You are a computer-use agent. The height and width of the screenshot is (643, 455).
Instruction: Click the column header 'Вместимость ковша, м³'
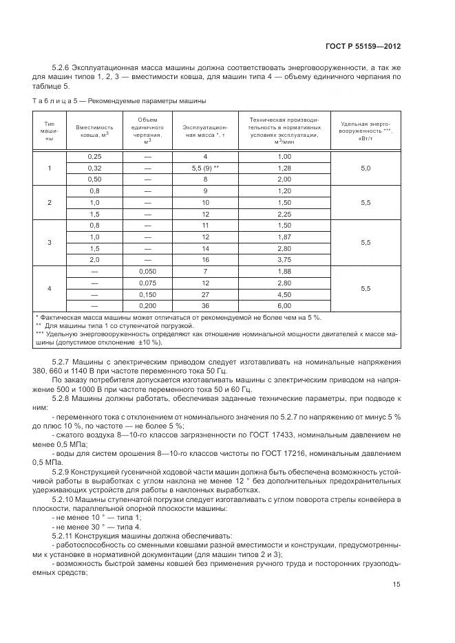pos(94,131)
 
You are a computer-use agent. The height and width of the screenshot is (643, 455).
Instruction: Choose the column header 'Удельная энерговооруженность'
pos(366,131)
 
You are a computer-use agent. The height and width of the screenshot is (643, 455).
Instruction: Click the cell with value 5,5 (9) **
pos(204,168)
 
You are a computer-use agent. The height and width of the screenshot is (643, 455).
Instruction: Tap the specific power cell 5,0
pos(366,168)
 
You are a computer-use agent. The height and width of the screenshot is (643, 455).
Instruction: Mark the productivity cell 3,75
pos(283,260)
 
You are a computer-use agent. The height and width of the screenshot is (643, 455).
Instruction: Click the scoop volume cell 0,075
pos(146,283)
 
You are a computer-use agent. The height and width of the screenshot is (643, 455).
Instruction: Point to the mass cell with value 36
pos(204,305)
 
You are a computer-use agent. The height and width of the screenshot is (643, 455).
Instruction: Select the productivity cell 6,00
pos(283,305)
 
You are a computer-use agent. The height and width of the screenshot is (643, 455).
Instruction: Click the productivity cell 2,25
pos(283,214)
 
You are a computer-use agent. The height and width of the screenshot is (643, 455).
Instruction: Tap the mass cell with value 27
pos(204,294)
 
